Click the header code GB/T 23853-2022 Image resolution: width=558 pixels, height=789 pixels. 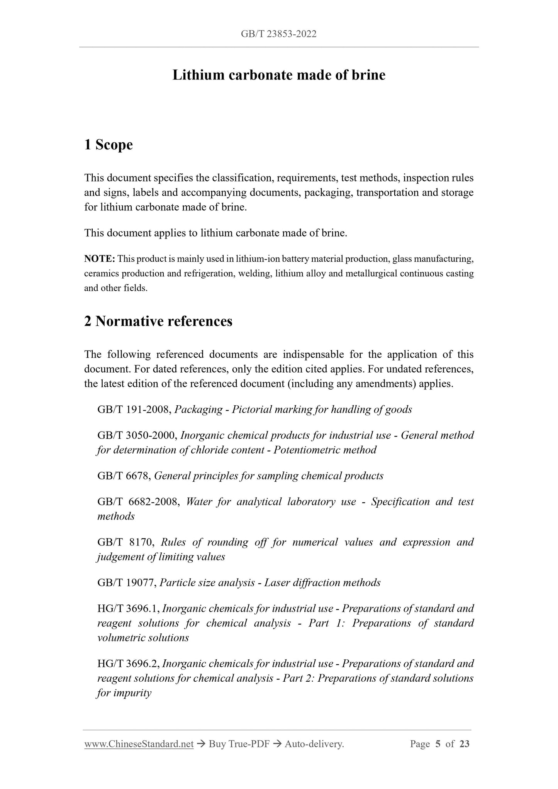(x=278, y=34)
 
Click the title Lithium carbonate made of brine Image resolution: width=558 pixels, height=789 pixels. (x=278, y=75)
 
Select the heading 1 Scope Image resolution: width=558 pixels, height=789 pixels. (x=108, y=145)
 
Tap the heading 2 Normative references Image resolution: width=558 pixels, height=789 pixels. (x=158, y=321)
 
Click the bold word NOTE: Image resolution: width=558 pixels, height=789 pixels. (x=99, y=259)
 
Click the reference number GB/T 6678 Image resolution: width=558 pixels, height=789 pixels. (x=124, y=476)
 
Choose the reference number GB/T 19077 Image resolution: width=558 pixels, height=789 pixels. (x=127, y=583)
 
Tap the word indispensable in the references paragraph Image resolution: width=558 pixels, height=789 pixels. (x=312, y=355)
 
